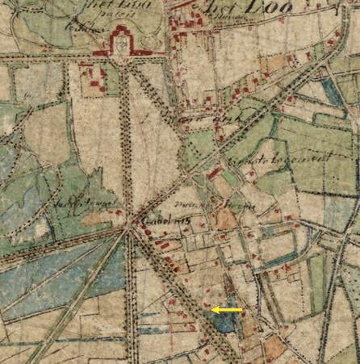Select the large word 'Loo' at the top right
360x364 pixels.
[x=242, y=10]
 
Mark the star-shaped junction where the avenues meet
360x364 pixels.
[x=129, y=228]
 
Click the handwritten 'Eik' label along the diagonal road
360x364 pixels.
[x=234, y=119]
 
